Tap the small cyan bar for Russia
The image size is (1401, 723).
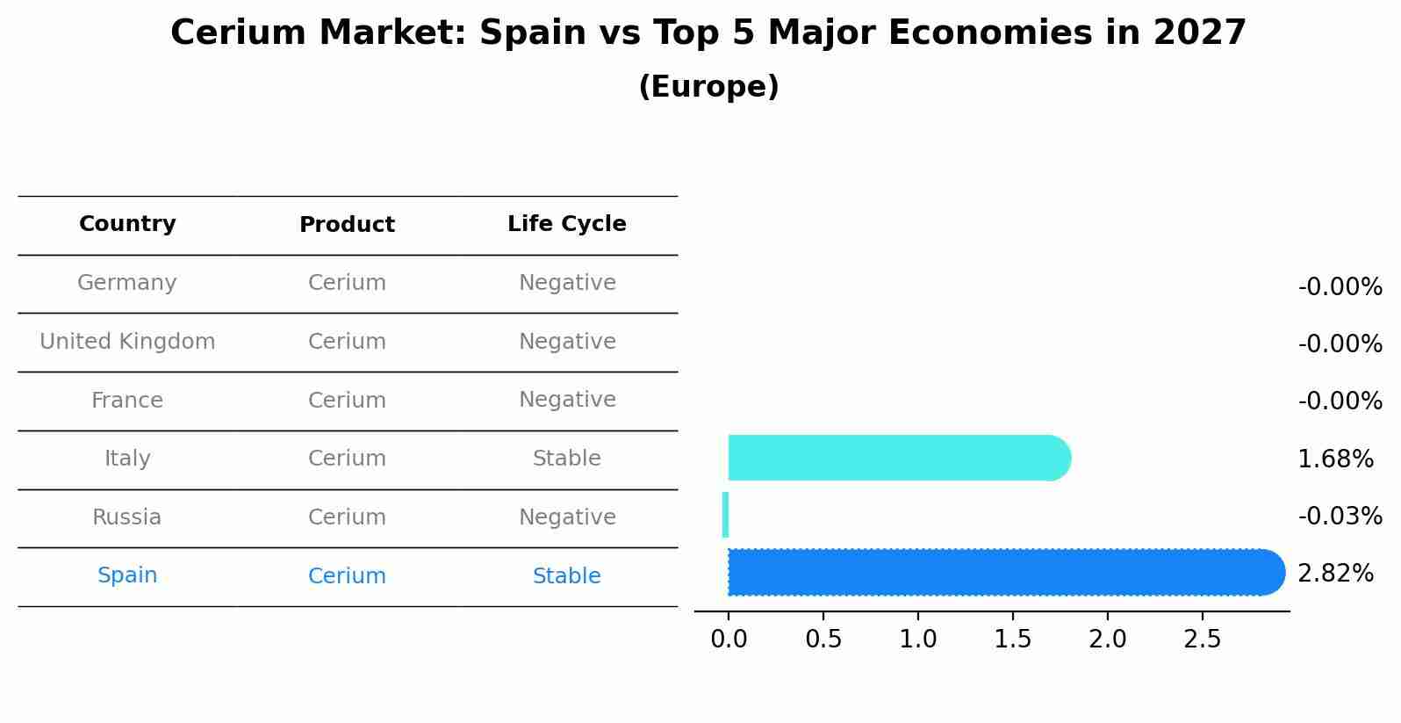(x=725, y=515)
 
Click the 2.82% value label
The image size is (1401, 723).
(x=1335, y=574)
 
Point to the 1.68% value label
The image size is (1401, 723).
(x=1335, y=459)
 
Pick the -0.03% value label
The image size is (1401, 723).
(x=1340, y=516)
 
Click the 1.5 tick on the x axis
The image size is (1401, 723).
(x=1012, y=639)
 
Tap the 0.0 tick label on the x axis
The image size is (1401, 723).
(x=729, y=639)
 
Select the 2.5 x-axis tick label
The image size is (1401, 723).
(x=1202, y=639)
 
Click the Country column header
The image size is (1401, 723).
(x=127, y=224)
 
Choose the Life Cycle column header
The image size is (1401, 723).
(x=566, y=224)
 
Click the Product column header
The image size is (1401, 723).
(x=347, y=225)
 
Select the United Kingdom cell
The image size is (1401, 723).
(x=127, y=342)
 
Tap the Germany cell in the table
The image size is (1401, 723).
(x=127, y=283)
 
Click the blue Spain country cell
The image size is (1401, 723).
(x=127, y=575)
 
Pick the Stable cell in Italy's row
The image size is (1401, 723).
(x=566, y=459)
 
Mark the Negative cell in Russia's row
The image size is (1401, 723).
(x=566, y=517)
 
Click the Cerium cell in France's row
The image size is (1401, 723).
(x=347, y=401)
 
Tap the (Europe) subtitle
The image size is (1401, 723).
(x=708, y=87)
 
